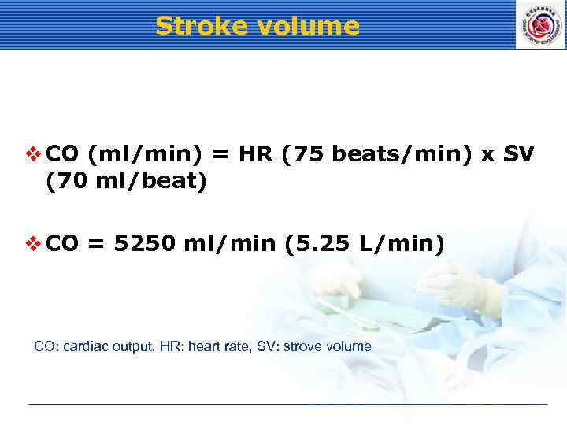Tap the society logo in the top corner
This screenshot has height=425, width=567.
539,24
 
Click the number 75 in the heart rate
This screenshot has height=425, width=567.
311,155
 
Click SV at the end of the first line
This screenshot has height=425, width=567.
518,155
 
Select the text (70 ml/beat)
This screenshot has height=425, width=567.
126,182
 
